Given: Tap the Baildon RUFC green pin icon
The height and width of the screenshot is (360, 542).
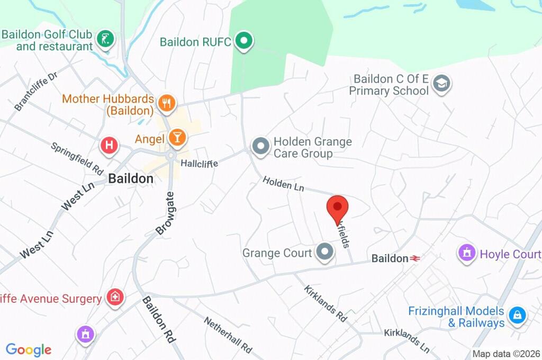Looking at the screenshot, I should [x=244, y=41].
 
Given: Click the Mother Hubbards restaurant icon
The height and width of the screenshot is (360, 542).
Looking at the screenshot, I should [x=167, y=104].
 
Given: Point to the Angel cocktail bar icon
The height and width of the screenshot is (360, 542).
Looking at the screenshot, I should [x=177, y=138].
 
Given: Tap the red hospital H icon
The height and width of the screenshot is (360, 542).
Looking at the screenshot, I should [x=109, y=145].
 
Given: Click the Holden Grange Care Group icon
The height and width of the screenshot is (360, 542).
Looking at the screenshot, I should [x=260, y=146].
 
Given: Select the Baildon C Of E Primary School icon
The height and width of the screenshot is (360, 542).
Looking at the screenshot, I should [x=441, y=84].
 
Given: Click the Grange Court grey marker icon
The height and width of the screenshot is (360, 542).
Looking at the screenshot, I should [x=324, y=253].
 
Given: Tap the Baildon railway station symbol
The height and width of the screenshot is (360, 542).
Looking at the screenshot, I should [x=415, y=258].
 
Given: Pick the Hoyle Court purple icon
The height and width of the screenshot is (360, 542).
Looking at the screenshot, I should [x=467, y=254].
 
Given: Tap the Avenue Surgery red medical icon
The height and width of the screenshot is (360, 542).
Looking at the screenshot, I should [x=114, y=298].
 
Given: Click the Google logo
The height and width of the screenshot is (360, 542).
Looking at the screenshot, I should [x=29, y=349].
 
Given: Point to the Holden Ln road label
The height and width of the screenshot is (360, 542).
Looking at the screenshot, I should [x=284, y=184].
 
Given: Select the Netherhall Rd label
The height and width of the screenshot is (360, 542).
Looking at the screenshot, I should [x=228, y=335].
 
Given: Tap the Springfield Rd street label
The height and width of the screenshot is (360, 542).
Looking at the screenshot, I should [x=77, y=159].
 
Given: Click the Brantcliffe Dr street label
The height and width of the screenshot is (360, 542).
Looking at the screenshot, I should [x=35, y=91].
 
